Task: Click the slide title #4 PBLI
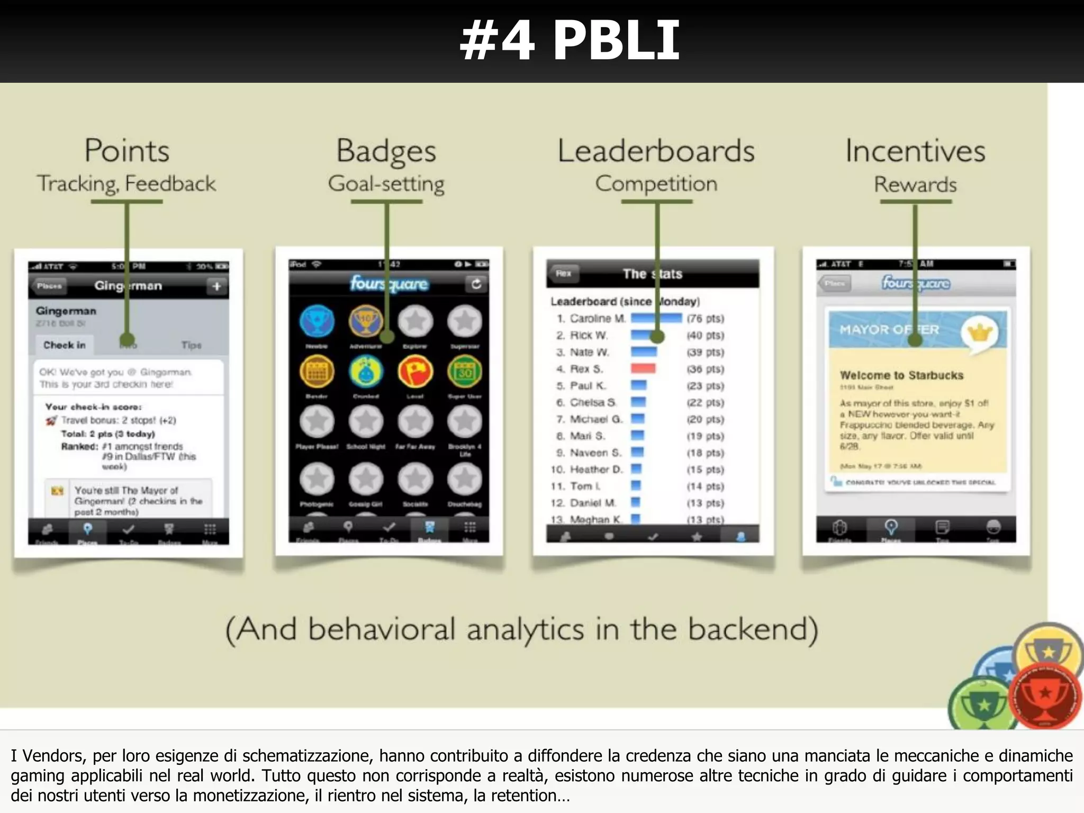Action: point(570,41)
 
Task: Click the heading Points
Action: point(127,151)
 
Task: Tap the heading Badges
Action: point(386,152)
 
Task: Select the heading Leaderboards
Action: point(656,151)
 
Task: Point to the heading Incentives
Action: point(915,151)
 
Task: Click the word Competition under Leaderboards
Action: point(656,184)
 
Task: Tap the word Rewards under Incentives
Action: point(915,184)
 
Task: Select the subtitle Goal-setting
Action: point(386,184)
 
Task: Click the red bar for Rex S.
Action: point(643,368)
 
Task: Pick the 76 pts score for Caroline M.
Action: point(705,318)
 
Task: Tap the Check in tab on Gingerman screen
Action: point(65,345)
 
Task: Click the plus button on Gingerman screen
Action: point(216,286)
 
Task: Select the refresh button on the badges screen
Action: point(476,284)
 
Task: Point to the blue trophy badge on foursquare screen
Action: point(317,321)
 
